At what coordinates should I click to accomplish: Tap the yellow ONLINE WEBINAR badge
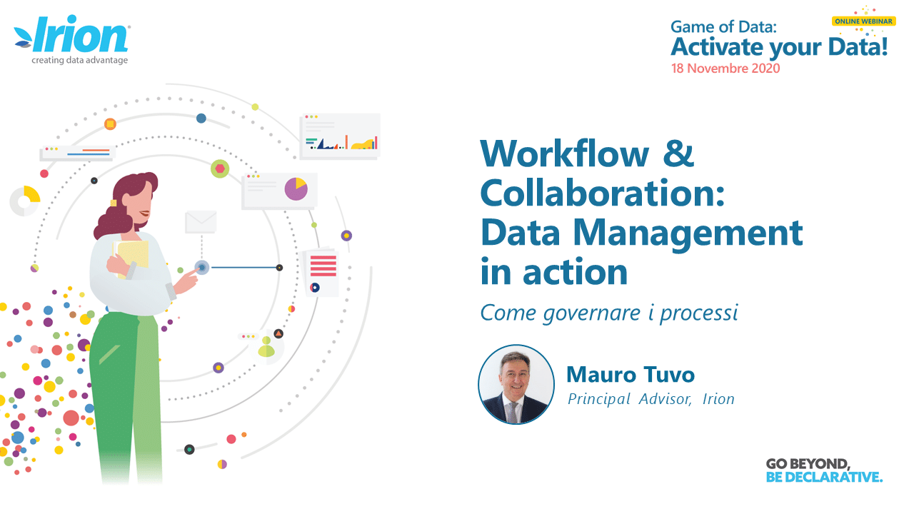(x=863, y=21)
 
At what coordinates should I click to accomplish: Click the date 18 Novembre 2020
(x=725, y=68)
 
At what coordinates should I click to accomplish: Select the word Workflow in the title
(x=564, y=154)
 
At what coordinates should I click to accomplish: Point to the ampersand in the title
(x=678, y=153)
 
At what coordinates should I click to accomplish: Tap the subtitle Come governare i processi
(x=609, y=313)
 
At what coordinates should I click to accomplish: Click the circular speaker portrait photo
(x=516, y=385)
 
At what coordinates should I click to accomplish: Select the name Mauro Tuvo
(x=631, y=375)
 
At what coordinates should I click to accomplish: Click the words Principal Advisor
(x=630, y=399)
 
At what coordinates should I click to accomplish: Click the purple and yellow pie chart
(x=296, y=189)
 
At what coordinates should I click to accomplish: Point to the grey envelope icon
(x=201, y=222)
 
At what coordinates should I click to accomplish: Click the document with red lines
(x=322, y=271)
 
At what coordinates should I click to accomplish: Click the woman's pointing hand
(x=187, y=281)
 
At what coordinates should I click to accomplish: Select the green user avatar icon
(x=266, y=347)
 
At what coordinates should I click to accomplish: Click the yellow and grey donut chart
(x=25, y=201)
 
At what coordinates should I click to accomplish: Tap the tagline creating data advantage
(x=79, y=61)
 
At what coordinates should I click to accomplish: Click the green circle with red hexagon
(x=220, y=168)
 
